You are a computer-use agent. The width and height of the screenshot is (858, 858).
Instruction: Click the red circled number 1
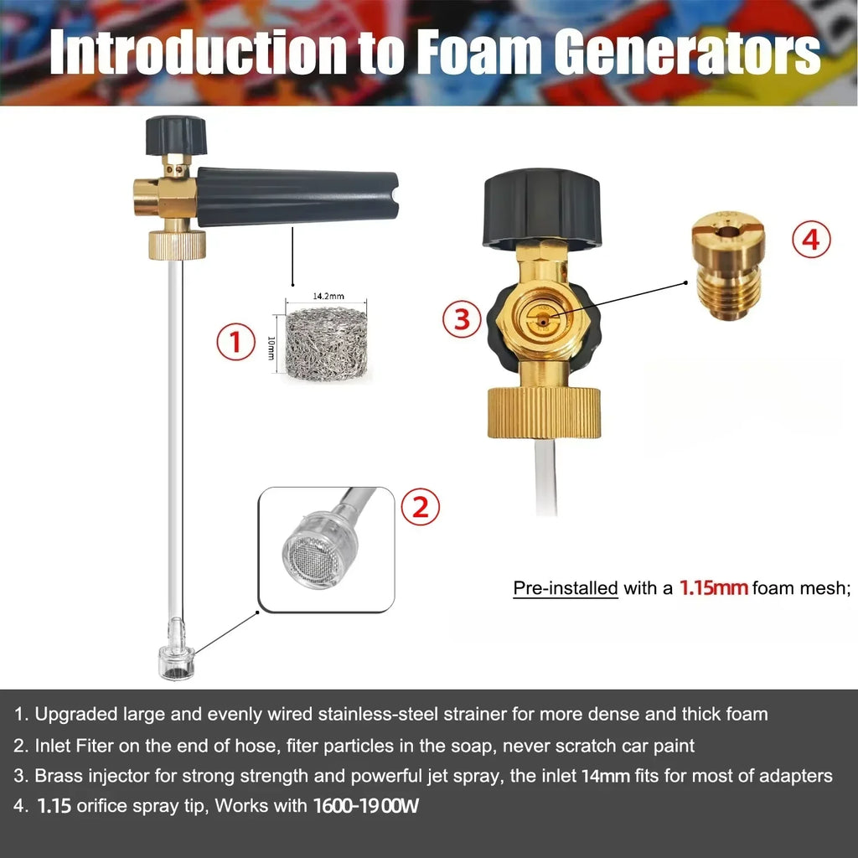(x=235, y=344)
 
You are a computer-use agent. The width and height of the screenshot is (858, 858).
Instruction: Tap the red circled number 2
(x=420, y=506)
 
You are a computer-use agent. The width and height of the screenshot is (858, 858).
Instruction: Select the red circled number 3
(x=462, y=319)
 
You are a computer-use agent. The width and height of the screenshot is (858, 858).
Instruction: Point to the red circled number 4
(x=810, y=240)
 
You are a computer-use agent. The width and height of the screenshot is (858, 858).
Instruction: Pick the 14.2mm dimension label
(x=328, y=297)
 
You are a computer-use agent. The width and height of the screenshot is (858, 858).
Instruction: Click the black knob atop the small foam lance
(x=176, y=135)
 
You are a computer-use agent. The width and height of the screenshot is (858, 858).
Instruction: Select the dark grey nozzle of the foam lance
(x=297, y=198)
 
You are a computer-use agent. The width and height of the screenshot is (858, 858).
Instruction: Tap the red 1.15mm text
(x=713, y=587)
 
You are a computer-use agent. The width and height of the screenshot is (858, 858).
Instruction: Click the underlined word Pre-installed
(x=565, y=588)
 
